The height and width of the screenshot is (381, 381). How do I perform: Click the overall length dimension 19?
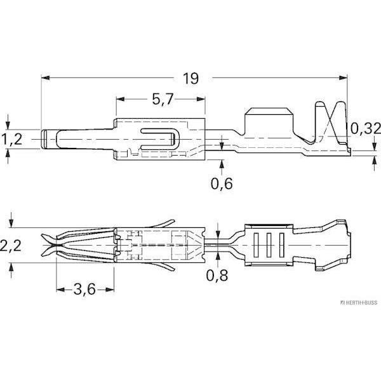point(190,79)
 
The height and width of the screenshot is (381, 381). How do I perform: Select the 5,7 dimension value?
point(163,99)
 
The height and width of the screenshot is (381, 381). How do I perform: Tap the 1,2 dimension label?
point(11,139)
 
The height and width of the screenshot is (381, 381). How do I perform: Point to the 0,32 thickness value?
point(365,128)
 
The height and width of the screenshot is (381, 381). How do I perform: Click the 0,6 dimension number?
point(222,184)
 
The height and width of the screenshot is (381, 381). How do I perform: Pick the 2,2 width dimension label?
point(11,246)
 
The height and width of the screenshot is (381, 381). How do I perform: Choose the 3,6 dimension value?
point(84,289)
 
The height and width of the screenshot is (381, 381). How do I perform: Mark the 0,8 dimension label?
point(217,276)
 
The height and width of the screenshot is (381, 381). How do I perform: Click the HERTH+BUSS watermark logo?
point(359,303)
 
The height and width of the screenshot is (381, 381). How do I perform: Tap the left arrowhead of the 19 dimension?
point(46,77)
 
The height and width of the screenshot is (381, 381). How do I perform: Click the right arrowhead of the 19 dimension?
point(343,77)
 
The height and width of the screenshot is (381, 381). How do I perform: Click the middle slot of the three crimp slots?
point(269,245)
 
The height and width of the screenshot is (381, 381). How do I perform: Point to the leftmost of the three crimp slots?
point(256,245)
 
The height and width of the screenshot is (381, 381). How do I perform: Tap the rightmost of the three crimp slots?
point(281,245)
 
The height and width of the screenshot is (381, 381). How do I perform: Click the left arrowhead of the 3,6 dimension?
point(60,290)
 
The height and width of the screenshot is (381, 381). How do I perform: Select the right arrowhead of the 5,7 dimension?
point(201,99)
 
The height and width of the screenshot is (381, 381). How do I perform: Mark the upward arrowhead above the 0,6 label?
point(222,164)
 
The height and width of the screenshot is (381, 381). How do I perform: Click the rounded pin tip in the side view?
point(44,139)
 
